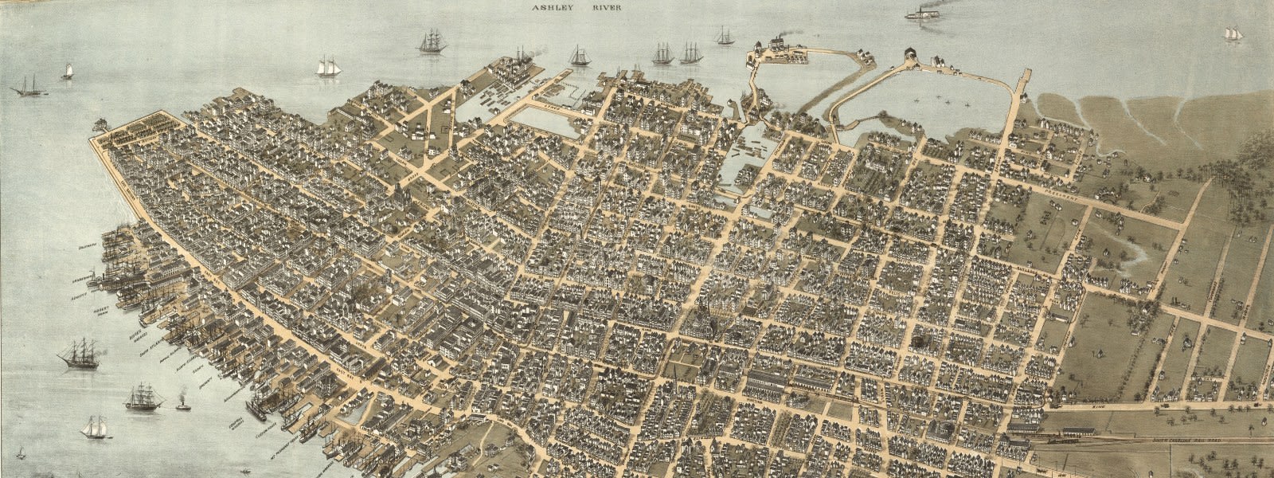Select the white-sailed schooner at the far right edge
[1233, 34]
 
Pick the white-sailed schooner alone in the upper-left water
[327, 67]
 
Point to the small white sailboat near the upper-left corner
[68, 72]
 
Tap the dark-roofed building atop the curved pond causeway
[908, 56]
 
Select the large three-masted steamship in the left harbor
[80, 354]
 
